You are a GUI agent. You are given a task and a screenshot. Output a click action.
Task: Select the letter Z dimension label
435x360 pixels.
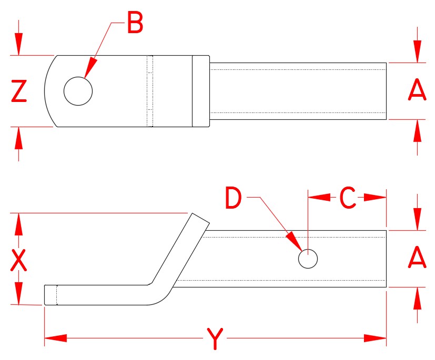point(19,92)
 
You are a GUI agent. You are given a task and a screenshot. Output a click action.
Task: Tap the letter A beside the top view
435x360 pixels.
point(417,91)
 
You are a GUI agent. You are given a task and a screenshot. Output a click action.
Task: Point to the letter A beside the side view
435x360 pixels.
point(417,258)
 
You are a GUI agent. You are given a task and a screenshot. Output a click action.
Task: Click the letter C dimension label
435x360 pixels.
point(347,198)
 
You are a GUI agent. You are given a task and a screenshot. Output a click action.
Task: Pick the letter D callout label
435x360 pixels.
point(233,198)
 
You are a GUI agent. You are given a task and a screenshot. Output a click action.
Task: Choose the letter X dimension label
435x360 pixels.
point(19,260)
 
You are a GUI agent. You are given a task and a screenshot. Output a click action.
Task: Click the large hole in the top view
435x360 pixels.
point(78,91)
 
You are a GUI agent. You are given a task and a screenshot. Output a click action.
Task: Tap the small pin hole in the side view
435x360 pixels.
point(308,259)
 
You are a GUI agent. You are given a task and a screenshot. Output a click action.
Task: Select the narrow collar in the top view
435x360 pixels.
point(200,91)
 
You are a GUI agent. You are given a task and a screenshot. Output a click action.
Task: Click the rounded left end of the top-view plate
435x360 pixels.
point(50,91)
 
